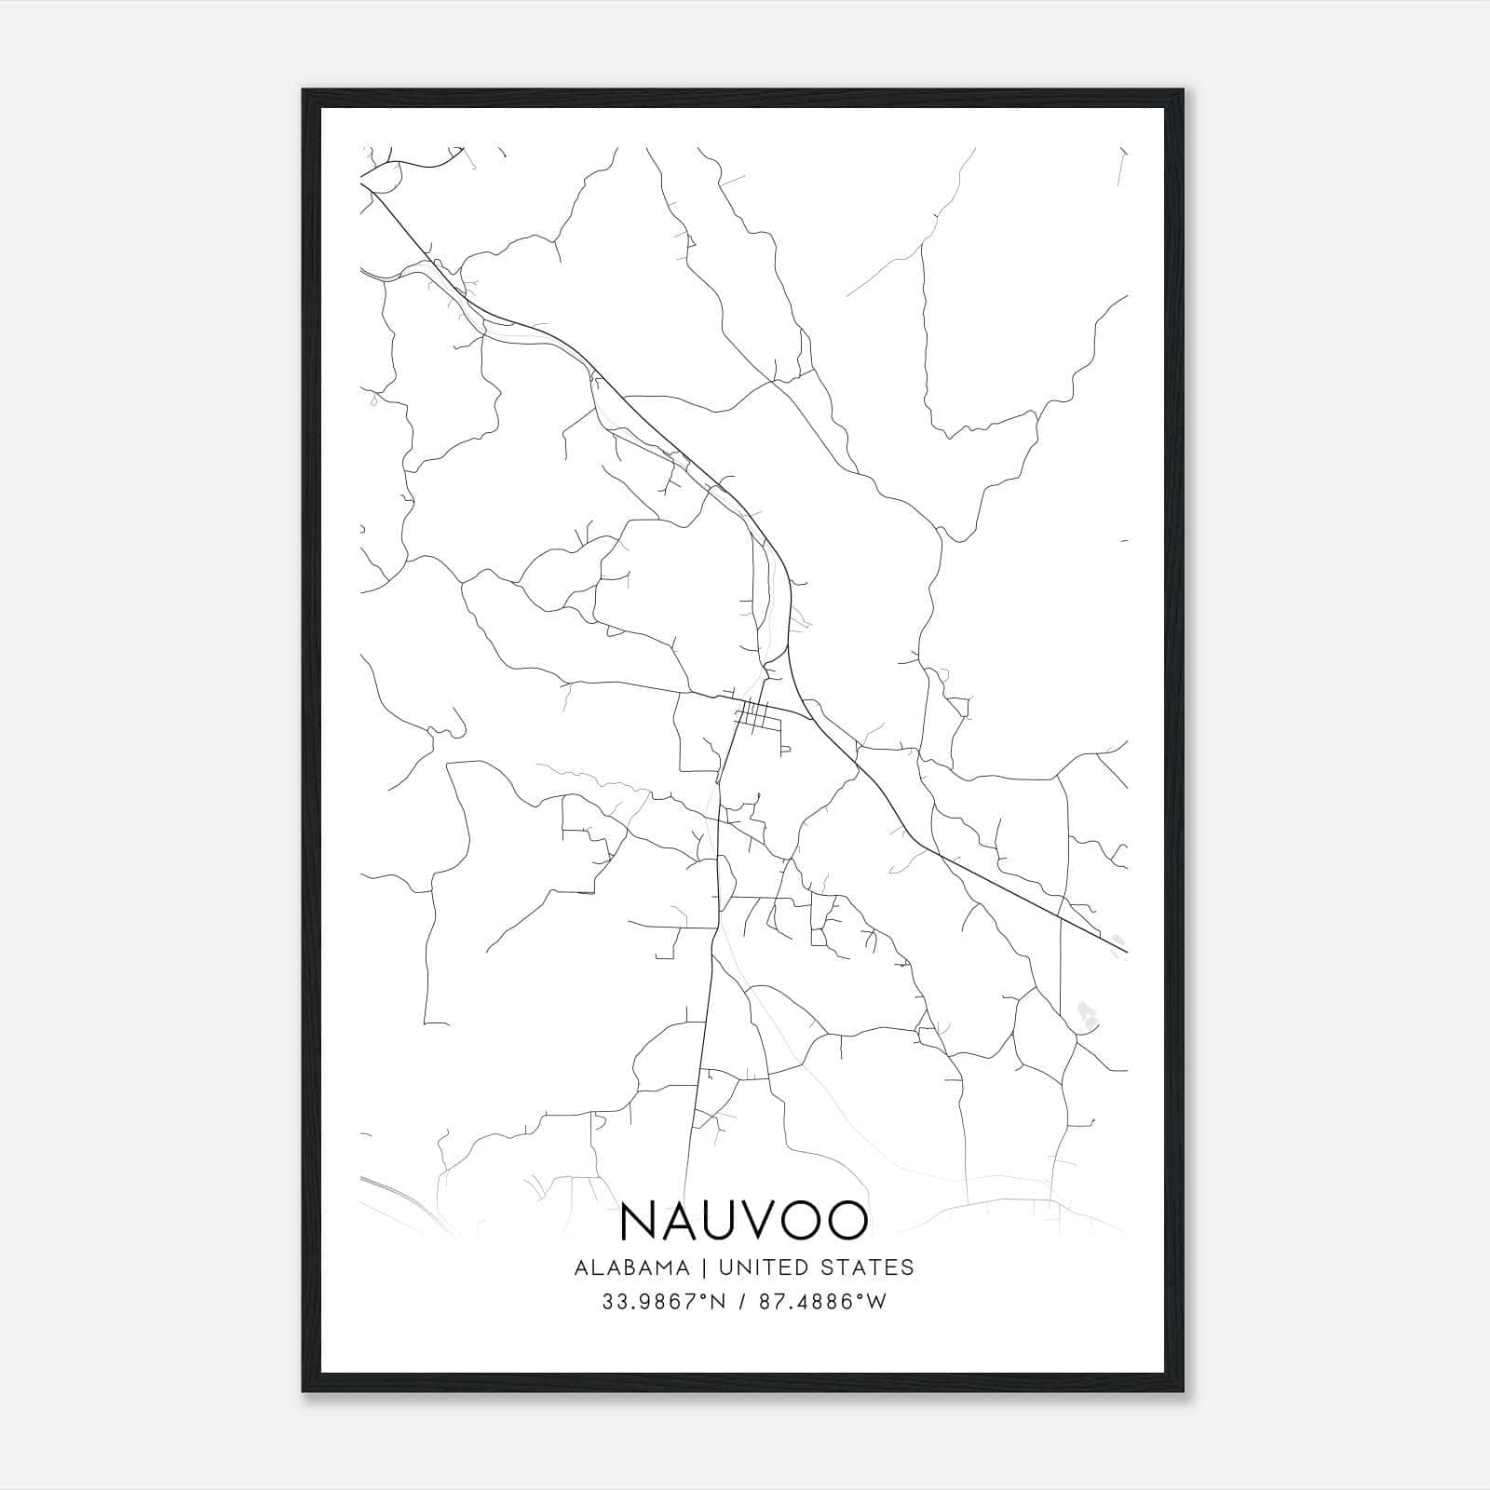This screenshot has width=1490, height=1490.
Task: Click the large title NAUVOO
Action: [743, 1221]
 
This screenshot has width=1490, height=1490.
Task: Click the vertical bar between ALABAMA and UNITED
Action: [702, 1267]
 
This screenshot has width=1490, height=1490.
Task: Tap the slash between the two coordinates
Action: [741, 1302]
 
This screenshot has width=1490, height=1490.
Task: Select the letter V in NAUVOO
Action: [764, 1221]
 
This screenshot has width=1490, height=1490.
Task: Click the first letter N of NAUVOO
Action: [638, 1221]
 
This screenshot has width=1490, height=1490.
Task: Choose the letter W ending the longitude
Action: [875, 1302]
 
